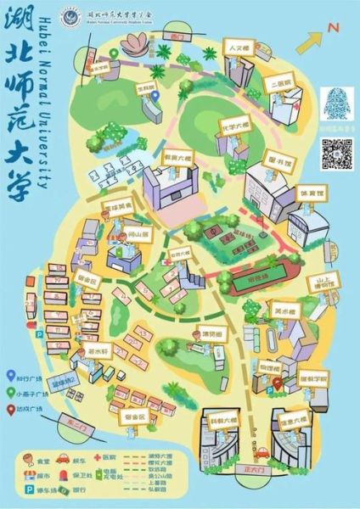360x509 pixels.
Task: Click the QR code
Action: coord(336,155)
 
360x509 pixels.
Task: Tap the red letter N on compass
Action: coord(334,27)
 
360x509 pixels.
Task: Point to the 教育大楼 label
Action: coord(180,156)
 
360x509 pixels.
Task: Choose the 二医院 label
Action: coord(280,83)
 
